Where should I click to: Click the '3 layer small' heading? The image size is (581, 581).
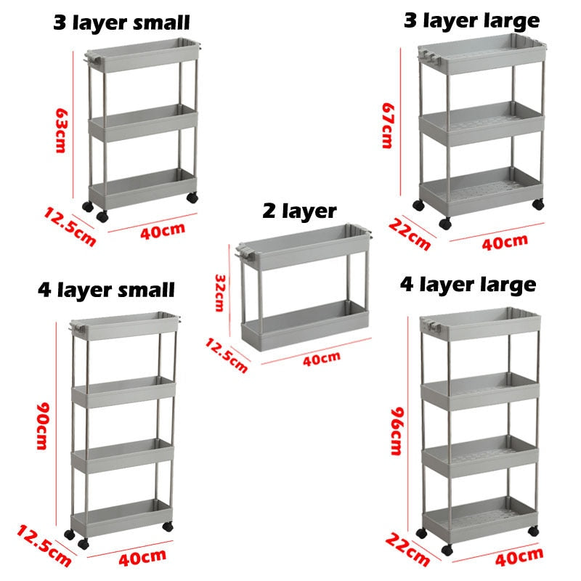point(121,23)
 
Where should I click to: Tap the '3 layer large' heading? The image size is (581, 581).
point(471,21)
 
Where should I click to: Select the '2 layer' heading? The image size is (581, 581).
point(299,211)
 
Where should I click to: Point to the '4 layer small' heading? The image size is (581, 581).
point(106,290)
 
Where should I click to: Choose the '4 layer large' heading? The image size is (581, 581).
point(468,285)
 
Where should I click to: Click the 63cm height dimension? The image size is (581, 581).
point(61,131)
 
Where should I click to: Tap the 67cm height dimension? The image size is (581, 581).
point(388,126)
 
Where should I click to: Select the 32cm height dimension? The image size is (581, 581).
point(220,293)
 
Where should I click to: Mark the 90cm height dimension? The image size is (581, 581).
point(42,426)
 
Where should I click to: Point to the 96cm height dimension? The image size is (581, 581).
point(397,431)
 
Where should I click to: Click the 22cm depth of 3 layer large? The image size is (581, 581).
point(410,235)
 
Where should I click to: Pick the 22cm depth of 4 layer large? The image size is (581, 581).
point(407,549)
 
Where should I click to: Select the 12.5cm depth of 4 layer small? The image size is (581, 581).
point(44,545)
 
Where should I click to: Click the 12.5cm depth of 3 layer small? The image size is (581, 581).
point(70,227)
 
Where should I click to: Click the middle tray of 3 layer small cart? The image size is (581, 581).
point(142,123)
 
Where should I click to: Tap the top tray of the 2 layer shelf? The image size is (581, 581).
point(304,246)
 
